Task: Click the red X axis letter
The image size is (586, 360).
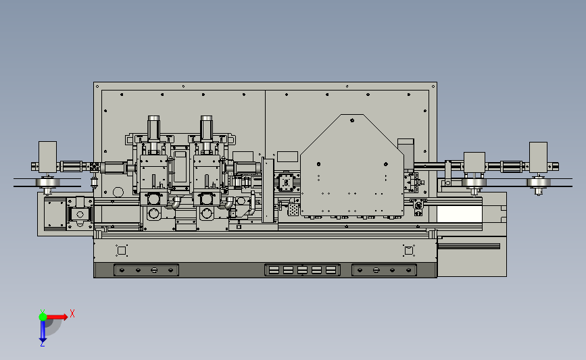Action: pos(72,313)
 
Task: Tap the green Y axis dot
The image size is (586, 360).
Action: pos(43,317)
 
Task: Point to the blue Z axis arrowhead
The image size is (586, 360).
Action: pos(43,340)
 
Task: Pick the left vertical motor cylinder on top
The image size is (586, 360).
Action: pos(153,128)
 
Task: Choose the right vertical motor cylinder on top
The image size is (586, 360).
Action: pos(206,128)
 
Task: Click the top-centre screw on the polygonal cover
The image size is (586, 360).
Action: pos(352,120)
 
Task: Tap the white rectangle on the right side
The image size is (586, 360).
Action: pos(460,214)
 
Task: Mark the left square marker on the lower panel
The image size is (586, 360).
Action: pos(122,251)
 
